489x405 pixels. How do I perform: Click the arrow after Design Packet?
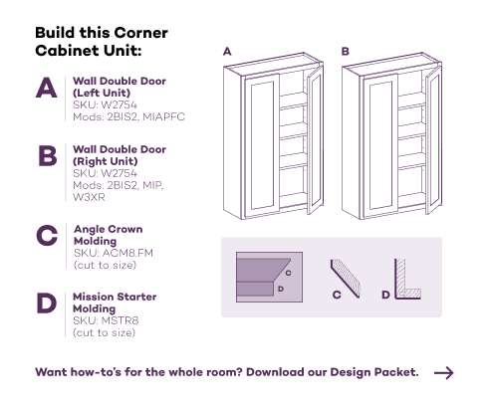(444, 373)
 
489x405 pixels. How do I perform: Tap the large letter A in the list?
(47, 88)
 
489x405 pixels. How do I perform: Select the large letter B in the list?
(48, 155)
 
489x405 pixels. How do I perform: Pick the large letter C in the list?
(47, 235)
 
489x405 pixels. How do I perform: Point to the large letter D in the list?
(47, 304)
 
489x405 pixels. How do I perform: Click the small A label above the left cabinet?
(227, 52)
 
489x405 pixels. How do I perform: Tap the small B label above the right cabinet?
(346, 52)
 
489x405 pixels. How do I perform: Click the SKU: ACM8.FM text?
(114, 253)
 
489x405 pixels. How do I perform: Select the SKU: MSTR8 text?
(106, 320)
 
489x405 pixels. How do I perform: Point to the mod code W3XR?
(89, 197)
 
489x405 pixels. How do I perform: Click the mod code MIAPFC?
(164, 116)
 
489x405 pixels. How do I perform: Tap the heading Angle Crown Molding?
(109, 235)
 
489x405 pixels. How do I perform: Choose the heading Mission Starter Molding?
(115, 303)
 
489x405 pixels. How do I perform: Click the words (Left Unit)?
(102, 93)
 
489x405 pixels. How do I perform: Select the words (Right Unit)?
(106, 161)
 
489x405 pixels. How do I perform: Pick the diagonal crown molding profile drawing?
(346, 279)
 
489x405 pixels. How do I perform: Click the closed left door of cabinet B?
(380, 145)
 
